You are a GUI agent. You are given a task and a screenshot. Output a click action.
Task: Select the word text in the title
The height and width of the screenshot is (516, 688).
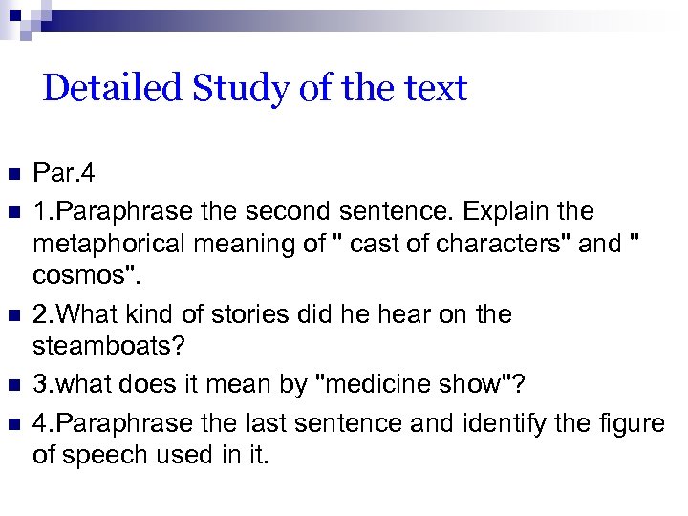click(x=435, y=89)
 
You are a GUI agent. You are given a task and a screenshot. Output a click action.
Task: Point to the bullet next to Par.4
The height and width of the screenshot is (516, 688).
click(x=12, y=174)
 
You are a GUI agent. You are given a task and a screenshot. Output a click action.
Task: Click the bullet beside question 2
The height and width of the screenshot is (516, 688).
click(x=12, y=315)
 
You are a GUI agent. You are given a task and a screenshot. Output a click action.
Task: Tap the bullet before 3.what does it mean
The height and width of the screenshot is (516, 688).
click(x=12, y=386)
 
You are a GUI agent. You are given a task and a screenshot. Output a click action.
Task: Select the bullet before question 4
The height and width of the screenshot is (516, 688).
click(x=12, y=421)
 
